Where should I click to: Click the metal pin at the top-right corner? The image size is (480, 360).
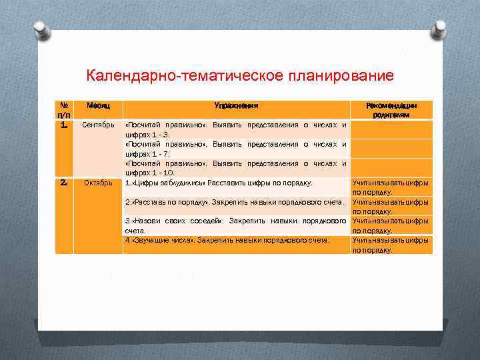point(439,29)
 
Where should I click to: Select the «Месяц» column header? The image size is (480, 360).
point(97,106)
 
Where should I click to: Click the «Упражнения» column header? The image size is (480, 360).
point(237,106)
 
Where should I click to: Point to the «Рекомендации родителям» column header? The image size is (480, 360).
point(392,110)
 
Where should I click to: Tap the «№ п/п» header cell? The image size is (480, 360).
point(63,110)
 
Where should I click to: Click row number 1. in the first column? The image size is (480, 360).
point(63,125)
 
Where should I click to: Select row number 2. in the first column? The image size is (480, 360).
point(63,182)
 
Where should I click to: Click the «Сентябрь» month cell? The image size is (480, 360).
point(97,125)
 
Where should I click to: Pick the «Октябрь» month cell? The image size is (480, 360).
point(97,183)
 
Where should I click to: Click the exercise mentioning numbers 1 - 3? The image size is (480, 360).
point(237,129)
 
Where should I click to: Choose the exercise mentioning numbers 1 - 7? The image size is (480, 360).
point(237,149)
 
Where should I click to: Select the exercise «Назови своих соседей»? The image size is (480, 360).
point(237,225)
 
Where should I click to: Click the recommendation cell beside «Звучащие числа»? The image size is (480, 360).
point(391,245)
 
